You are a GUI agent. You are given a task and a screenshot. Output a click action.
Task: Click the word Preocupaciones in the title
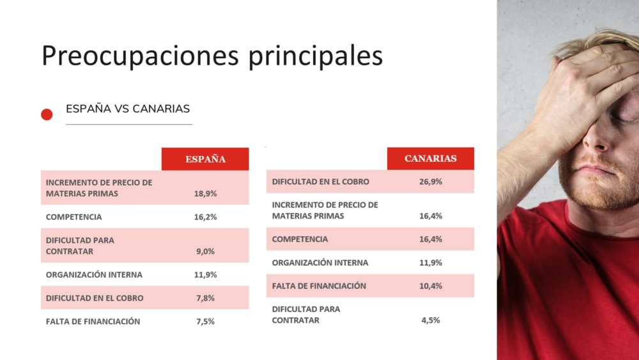pyautogui.click(x=140, y=56)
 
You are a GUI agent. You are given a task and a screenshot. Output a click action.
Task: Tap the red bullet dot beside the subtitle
pyautogui.click(x=47, y=114)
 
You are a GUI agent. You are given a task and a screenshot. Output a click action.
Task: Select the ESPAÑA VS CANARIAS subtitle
pyautogui.click(x=128, y=109)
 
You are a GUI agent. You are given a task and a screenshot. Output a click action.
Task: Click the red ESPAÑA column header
pyautogui.click(x=205, y=159)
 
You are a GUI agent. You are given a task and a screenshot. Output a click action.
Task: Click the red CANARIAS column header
pyautogui.click(x=430, y=159)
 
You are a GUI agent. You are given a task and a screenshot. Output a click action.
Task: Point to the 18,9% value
pyautogui.click(x=205, y=194)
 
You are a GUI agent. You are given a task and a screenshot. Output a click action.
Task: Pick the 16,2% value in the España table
pyautogui.click(x=205, y=217)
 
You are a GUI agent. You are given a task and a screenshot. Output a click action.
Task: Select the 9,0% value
pyautogui.click(x=205, y=251)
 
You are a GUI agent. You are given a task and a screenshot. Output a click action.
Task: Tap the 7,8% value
pyautogui.click(x=205, y=298)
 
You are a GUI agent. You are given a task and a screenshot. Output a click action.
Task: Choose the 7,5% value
pyautogui.click(x=205, y=321)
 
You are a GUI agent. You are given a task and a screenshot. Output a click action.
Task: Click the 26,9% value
pyautogui.click(x=431, y=182)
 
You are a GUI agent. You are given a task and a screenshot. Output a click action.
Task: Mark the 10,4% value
pyautogui.click(x=431, y=286)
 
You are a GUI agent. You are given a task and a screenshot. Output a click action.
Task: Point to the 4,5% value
pyautogui.click(x=431, y=320)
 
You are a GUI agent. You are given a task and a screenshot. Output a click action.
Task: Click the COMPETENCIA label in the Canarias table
pyautogui.click(x=300, y=239)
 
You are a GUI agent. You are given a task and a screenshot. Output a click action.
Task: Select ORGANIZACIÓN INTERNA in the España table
pyautogui.click(x=94, y=275)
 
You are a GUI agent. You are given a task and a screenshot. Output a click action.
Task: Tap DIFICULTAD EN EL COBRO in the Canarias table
pyautogui.click(x=321, y=182)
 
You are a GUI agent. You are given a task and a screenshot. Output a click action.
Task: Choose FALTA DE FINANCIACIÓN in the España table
pyautogui.click(x=93, y=321)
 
